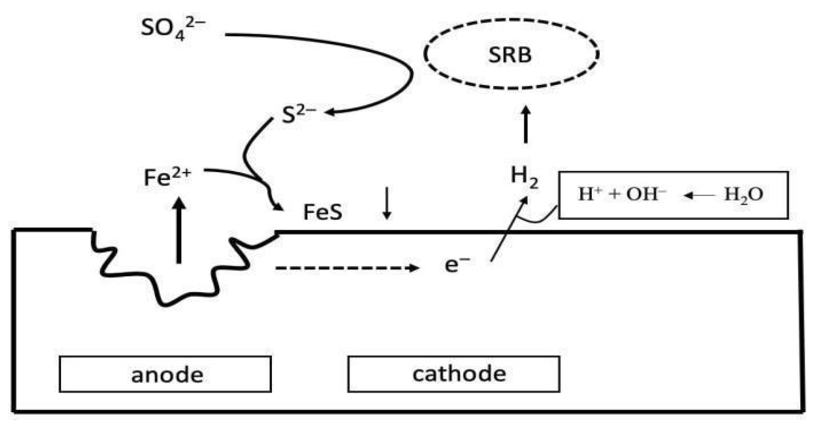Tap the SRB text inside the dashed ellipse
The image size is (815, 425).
click(x=510, y=55)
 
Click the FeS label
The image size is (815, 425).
click(x=323, y=212)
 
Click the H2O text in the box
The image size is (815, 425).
click(x=743, y=194)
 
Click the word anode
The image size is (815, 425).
click(x=167, y=375)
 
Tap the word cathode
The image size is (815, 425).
click(x=459, y=373)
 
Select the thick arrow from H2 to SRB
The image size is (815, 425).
click(x=526, y=125)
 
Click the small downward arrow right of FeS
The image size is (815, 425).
click(x=387, y=203)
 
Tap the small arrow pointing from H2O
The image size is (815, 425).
click(x=699, y=195)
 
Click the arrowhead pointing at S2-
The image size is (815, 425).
click(x=330, y=112)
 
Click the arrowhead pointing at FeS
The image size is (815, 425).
click(x=279, y=207)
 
